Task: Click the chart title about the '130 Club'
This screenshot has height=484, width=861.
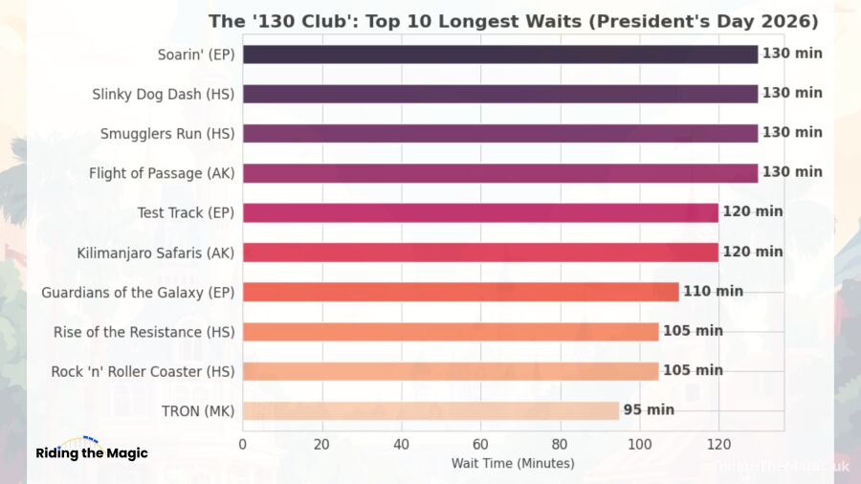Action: (x=514, y=21)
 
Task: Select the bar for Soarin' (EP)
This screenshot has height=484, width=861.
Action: (x=499, y=55)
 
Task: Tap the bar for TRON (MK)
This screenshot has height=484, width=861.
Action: (x=430, y=410)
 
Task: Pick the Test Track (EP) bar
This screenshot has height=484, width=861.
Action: (x=479, y=212)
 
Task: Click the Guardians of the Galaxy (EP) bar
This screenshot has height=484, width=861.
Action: (x=460, y=292)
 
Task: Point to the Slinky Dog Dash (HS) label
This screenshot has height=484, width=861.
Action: (x=163, y=94)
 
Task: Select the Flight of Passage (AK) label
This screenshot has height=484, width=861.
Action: (x=161, y=173)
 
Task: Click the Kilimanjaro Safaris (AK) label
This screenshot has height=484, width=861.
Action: (x=155, y=253)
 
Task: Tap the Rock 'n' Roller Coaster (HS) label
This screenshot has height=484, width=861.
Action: (x=143, y=371)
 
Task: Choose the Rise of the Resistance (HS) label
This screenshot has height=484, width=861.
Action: (x=143, y=332)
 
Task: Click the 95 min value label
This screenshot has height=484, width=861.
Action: (x=649, y=410)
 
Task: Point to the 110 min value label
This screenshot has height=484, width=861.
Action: (x=713, y=292)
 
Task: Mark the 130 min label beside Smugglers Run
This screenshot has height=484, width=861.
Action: (x=792, y=133)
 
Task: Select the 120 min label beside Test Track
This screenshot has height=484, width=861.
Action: (x=752, y=212)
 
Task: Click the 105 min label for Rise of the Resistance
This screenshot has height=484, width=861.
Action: (x=693, y=331)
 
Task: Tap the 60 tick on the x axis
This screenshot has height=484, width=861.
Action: (x=480, y=444)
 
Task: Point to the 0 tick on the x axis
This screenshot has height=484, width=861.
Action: (x=243, y=444)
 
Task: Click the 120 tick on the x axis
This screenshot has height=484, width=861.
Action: (x=718, y=444)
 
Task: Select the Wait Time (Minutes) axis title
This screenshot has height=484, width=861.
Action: (x=513, y=464)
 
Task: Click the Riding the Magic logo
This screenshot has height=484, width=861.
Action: (x=92, y=451)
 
